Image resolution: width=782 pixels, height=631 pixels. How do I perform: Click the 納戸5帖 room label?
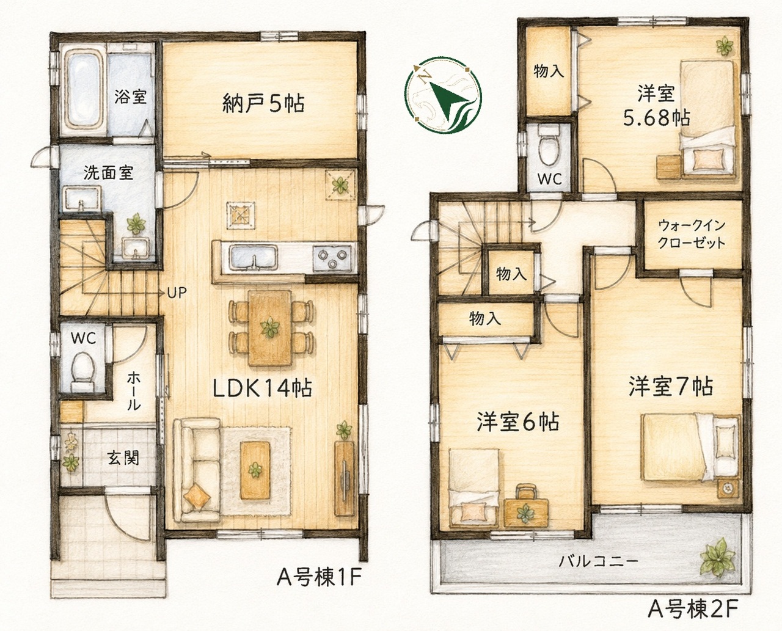click(x=263, y=103)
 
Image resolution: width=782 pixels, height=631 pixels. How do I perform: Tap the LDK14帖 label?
click(x=263, y=388)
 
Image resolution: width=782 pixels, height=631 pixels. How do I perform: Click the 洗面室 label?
click(x=108, y=172)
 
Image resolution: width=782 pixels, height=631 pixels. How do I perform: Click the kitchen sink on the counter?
click(x=254, y=258)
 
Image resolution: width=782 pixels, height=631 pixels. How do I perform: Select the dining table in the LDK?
click(x=270, y=327)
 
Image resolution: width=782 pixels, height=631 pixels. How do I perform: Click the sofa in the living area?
click(x=196, y=470)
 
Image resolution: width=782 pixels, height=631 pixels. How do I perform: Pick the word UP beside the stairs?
click(x=177, y=293)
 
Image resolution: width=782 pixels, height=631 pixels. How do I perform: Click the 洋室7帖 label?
click(x=671, y=387)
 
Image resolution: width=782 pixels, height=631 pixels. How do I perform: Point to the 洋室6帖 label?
click(x=518, y=421)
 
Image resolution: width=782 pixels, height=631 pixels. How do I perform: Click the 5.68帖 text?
click(x=657, y=118)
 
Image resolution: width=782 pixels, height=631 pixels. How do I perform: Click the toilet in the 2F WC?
click(x=549, y=148)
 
